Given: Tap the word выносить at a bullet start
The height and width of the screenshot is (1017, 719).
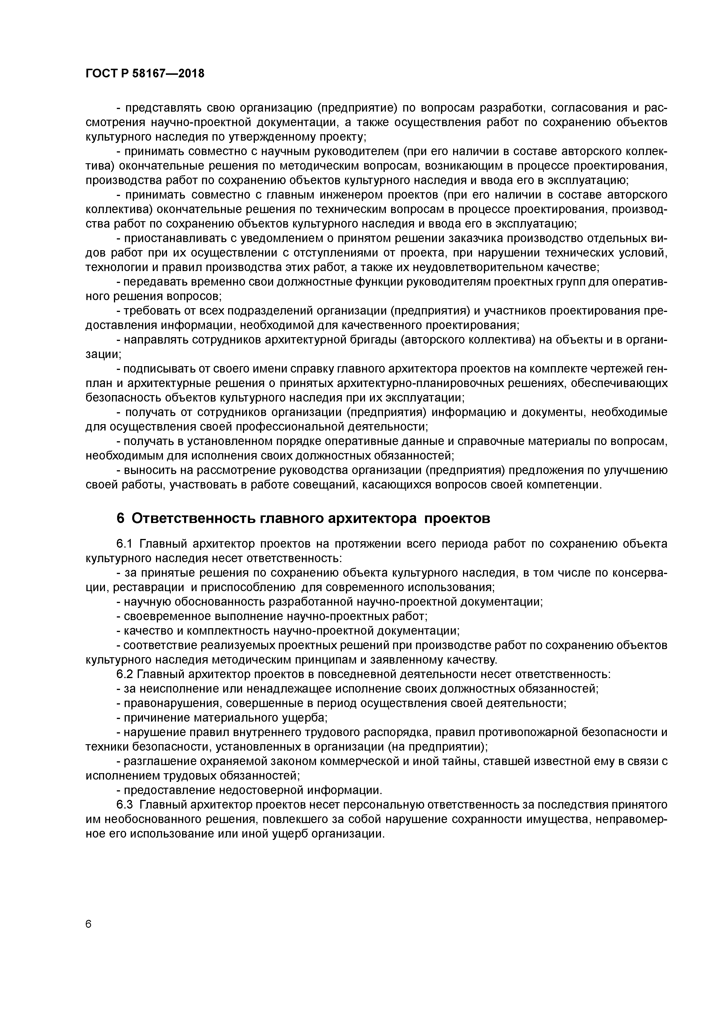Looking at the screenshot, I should tap(149, 471).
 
